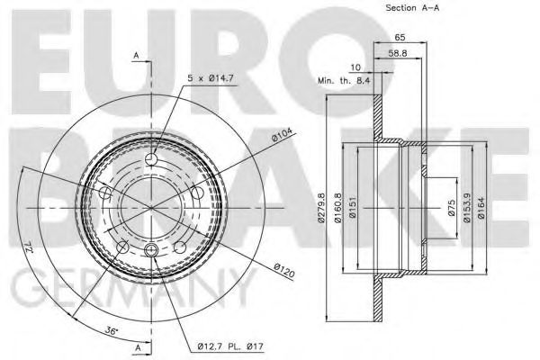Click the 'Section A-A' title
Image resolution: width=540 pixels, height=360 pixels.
412,7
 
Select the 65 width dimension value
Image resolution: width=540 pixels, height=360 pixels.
400,37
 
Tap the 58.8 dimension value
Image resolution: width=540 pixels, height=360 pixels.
398,53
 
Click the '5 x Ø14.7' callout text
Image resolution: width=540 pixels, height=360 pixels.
211,78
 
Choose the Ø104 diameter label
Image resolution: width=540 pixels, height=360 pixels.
282,135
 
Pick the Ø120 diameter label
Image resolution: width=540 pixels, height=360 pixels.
284,270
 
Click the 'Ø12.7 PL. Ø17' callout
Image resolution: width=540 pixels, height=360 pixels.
230,346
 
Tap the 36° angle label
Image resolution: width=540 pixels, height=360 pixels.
112,331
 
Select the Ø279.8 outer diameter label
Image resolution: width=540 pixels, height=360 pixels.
321,208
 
